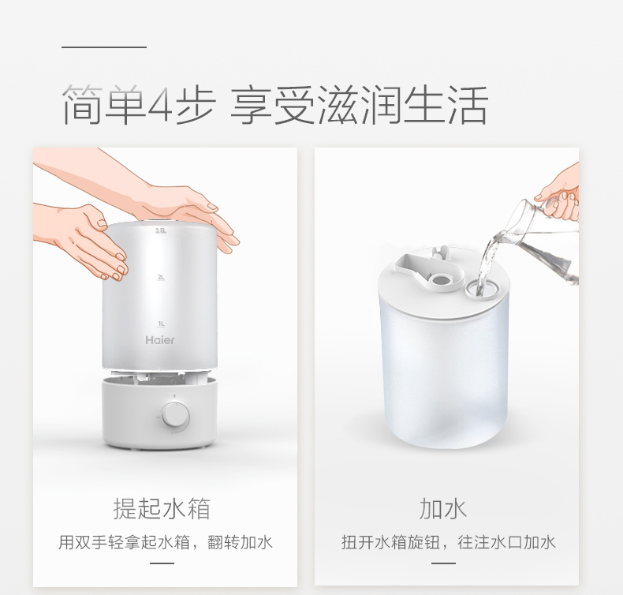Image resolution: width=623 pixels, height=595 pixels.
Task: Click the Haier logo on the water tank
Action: coord(160,340)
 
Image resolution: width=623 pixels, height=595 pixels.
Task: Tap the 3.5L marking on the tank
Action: coord(161,231)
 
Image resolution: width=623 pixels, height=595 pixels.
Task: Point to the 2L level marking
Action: coord(161,277)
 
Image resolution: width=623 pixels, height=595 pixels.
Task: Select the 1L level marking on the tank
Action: coord(161,324)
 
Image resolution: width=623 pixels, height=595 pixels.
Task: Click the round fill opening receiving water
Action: coord(482,287)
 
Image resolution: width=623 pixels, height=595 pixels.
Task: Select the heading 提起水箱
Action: coord(162,508)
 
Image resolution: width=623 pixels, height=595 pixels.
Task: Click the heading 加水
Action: coord(443,508)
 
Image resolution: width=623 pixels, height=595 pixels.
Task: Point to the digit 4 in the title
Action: coord(160,105)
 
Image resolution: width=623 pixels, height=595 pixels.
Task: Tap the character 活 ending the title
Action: coord(468,104)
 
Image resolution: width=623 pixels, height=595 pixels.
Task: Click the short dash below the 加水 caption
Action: coord(443,563)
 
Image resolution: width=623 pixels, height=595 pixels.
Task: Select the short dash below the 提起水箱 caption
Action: coord(162,563)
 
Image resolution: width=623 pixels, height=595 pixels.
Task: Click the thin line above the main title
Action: coord(104,47)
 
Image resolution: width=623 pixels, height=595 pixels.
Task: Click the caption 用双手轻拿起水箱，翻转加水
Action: coord(166,542)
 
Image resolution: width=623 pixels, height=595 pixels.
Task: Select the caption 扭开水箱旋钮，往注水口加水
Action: coord(448,542)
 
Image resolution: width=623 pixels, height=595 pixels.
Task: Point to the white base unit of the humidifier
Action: coord(160,414)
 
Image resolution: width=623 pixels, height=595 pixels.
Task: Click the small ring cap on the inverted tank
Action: coord(439,280)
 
